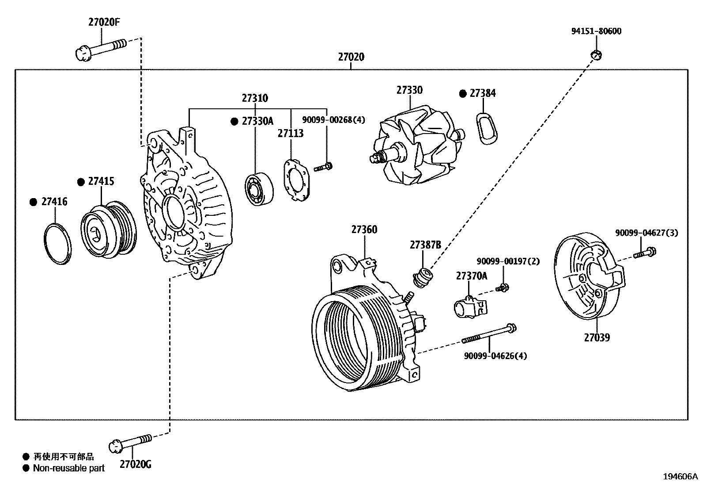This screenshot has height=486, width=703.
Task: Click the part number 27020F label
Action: click(104, 22)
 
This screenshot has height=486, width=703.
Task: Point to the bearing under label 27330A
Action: click(259, 190)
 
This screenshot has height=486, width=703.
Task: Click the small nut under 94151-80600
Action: click(596, 55)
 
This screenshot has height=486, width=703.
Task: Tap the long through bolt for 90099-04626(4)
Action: click(489, 334)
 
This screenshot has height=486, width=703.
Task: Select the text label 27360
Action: click(364, 230)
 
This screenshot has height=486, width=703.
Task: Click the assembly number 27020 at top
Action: click(351, 57)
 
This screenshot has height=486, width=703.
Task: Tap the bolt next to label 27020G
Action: click(131, 442)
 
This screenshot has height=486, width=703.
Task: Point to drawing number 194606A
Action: click(680, 477)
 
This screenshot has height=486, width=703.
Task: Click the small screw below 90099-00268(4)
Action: click(323, 167)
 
